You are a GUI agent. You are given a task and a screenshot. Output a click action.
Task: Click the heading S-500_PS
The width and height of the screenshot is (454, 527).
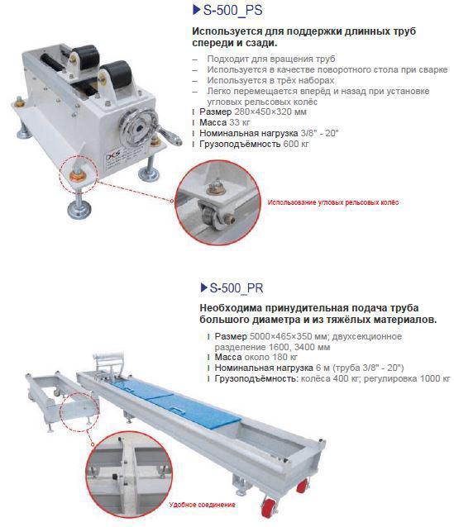tap(232, 10)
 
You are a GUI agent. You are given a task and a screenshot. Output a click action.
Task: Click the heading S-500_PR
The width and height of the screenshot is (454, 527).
tap(237, 288)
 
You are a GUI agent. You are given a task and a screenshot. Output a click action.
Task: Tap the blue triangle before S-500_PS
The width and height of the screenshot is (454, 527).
tap(197, 10)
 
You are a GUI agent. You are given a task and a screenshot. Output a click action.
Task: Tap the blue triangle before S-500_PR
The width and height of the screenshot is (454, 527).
tap(203, 287)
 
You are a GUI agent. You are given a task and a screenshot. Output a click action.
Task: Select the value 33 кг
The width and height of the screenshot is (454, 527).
tap(240, 122)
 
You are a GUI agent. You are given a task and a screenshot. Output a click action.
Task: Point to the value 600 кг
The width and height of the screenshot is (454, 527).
tap(296, 144)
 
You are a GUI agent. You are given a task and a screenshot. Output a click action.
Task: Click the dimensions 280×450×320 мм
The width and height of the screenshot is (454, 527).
tap(270, 112)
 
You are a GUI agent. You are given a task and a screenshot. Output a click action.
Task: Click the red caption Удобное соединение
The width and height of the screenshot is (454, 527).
tap(203, 505)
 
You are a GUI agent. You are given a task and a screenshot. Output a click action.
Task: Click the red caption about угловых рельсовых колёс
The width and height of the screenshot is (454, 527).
tap(332, 202)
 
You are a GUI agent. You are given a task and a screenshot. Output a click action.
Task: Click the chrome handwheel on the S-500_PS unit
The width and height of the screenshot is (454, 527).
tap(139, 127)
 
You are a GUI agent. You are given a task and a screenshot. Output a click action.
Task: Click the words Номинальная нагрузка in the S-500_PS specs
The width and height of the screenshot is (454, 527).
tap(249, 133)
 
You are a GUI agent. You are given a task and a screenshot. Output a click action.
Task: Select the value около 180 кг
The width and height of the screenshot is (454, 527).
tap(271, 357)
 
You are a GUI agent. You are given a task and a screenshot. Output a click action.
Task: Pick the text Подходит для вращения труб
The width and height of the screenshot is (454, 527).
tap(271, 59)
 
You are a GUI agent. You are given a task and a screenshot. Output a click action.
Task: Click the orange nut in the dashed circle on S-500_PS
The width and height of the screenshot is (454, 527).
tap(77, 175)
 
